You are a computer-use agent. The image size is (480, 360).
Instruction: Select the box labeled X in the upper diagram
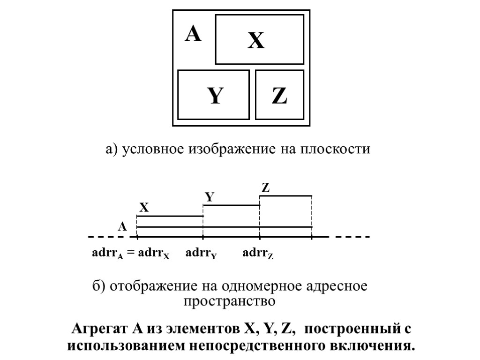tap(259, 39)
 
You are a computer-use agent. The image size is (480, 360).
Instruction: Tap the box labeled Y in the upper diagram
tap(214, 95)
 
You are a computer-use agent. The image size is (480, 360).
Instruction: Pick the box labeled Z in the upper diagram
tap(279, 95)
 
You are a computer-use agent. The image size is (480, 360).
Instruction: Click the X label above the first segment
tap(144, 208)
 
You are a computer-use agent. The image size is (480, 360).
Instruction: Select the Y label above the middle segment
tap(210, 197)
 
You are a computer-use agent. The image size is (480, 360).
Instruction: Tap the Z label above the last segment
tap(266, 188)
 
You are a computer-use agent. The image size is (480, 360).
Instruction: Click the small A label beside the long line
tap(122, 227)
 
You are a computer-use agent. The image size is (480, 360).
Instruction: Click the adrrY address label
tap(201, 255)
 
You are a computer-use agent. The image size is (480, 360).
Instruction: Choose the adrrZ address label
tap(258, 255)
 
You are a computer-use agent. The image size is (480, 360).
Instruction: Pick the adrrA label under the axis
tap(107, 255)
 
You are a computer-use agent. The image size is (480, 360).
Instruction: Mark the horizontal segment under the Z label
tap(285, 196)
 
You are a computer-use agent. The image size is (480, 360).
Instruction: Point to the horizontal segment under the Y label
tap(231, 205)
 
